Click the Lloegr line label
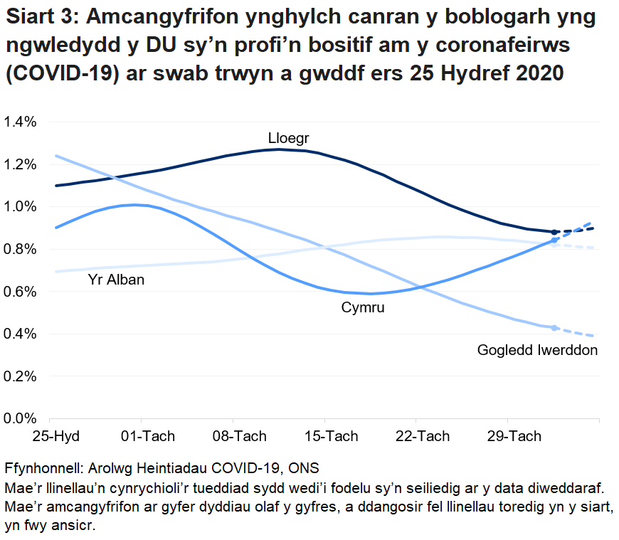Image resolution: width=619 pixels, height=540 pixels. [288, 137]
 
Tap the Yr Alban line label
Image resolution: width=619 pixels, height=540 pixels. [116, 280]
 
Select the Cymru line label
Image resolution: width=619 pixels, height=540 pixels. [363, 308]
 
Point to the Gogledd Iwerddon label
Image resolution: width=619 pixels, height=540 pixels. [537, 350]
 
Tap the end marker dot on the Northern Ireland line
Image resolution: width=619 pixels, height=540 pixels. [554, 328]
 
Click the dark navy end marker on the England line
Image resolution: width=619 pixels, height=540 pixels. [554, 232]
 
